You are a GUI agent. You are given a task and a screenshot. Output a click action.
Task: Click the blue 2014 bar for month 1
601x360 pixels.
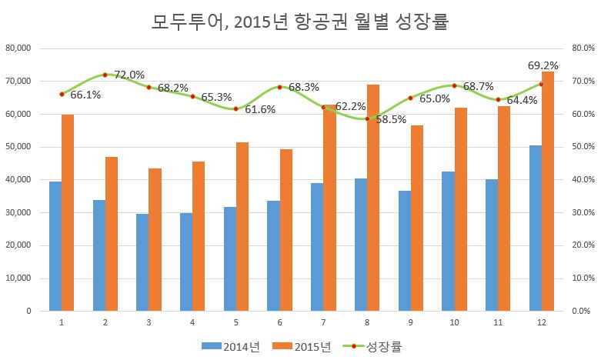click(x=55, y=246)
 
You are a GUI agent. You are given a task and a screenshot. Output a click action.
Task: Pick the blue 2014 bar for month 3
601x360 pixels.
click(x=142, y=262)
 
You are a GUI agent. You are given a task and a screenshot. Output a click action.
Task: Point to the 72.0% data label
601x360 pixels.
click(x=129, y=75)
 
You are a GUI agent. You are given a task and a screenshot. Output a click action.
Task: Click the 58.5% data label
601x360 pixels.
click(x=391, y=120)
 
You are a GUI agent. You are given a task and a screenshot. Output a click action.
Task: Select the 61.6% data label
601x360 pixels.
click(x=260, y=110)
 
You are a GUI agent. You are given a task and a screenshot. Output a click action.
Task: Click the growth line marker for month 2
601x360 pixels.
click(x=105, y=75)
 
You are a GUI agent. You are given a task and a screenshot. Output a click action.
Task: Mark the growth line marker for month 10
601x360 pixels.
click(x=454, y=85)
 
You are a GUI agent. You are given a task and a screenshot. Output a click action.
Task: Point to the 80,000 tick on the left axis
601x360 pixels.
click(x=17, y=48)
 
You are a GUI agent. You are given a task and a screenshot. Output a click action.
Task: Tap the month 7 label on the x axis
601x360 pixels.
click(x=323, y=322)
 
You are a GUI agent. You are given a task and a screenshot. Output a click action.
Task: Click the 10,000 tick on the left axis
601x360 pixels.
click(x=17, y=278)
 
